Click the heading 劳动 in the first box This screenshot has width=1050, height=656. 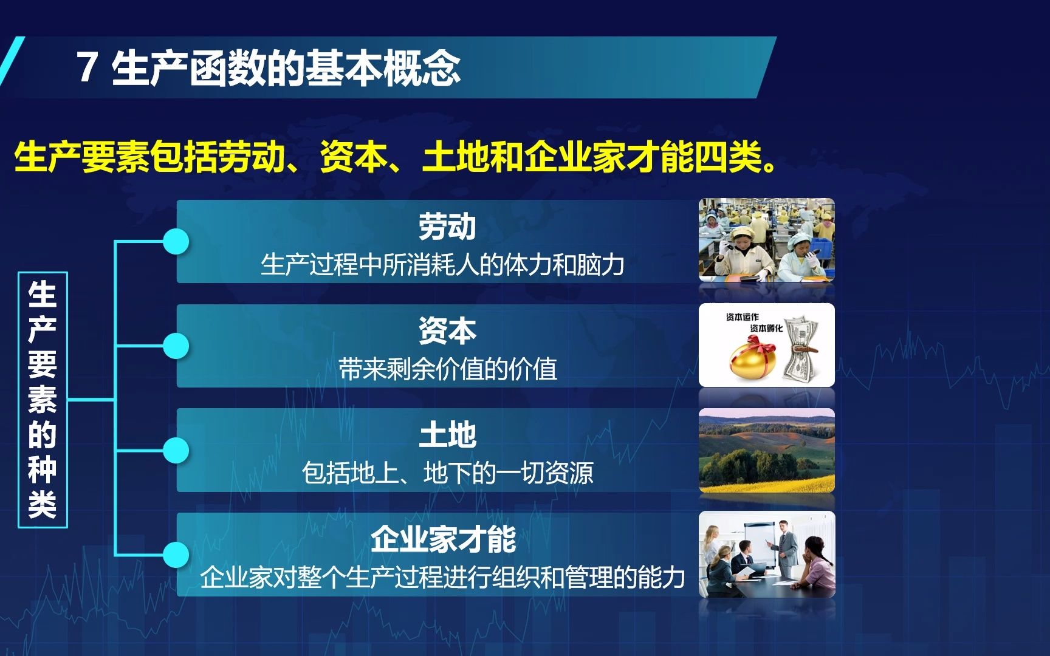point(447,227)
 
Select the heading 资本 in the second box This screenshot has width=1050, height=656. point(447,331)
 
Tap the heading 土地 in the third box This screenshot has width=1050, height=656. point(447,435)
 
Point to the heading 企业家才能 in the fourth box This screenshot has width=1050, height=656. point(444,539)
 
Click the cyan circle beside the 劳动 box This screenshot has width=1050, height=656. point(176,242)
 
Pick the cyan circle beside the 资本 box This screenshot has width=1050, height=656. point(176,346)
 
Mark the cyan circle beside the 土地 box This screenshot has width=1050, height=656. point(176,451)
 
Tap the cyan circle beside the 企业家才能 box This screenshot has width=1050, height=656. point(176,555)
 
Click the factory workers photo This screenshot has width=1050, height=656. point(766,240)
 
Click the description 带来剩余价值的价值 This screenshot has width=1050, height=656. point(447,369)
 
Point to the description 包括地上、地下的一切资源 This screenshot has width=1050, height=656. point(447,473)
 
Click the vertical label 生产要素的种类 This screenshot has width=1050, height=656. point(43,400)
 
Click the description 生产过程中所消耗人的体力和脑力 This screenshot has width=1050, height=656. point(442,265)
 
